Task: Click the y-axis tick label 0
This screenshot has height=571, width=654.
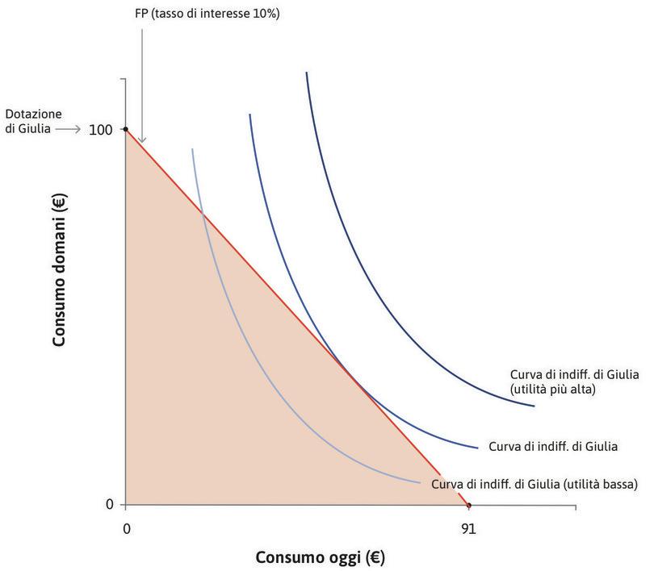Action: tap(110, 505)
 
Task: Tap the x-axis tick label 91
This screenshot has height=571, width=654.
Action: tap(468, 529)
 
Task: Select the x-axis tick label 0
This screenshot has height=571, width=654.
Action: tap(126, 529)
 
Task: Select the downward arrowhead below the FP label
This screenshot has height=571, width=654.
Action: tap(142, 141)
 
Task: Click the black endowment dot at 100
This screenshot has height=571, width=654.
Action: tap(126, 129)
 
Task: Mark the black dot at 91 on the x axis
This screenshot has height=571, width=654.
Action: tap(468, 506)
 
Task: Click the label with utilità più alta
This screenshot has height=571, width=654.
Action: tap(563, 381)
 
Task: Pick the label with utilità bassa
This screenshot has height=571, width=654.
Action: tap(535, 484)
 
